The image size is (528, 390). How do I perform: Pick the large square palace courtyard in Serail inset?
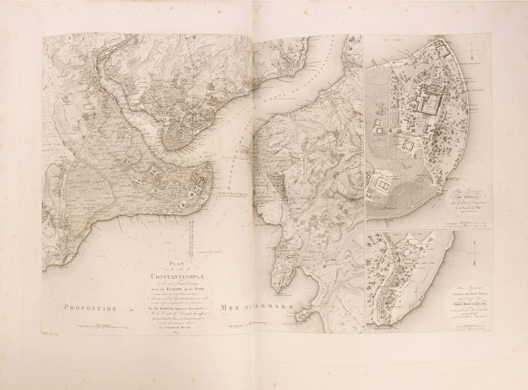(427, 106)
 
